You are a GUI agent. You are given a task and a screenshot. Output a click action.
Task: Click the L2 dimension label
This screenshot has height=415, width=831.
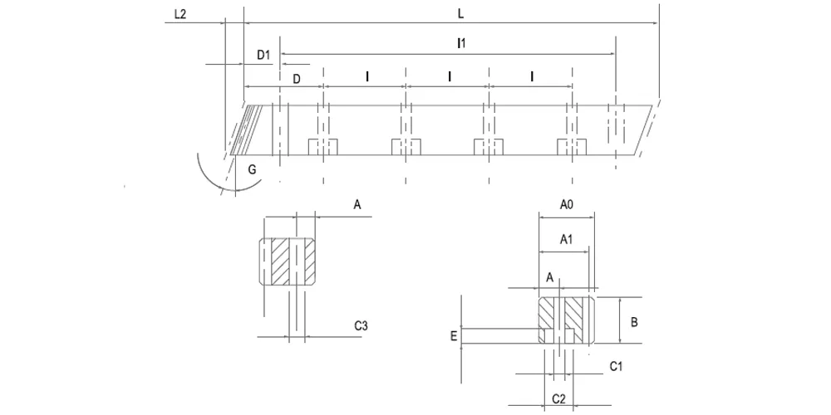point(180,14)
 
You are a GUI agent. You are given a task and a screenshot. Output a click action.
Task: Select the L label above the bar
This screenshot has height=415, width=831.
point(460,14)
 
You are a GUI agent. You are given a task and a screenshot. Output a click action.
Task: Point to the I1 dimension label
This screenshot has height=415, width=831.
point(461,45)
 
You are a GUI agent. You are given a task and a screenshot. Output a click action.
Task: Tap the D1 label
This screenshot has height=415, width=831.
point(264,55)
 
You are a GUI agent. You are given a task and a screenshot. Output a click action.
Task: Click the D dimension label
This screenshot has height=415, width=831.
point(297,79)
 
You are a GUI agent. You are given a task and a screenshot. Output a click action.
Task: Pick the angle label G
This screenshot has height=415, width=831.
point(253,170)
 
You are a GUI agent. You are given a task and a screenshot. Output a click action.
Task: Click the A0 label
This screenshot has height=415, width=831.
point(567,205)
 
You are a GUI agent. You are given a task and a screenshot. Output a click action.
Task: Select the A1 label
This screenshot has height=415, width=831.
point(567,240)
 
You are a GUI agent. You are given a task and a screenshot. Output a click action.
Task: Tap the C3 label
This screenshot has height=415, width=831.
point(361,326)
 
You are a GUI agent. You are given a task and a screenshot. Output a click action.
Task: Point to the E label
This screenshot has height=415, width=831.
point(454,335)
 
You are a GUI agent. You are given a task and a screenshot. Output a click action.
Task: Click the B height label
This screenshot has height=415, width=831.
point(634,322)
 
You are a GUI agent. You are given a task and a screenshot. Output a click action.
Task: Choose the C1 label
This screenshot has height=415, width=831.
point(617,366)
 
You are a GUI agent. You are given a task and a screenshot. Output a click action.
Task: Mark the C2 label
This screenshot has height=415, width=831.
point(559,398)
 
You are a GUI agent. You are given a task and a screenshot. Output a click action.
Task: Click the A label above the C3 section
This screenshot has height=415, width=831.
point(357,205)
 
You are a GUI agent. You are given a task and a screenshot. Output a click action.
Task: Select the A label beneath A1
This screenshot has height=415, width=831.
point(549,277)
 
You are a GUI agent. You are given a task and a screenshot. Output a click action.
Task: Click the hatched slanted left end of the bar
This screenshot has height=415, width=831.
point(247,130)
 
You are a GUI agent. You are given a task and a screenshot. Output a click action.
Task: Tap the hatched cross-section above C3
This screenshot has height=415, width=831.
point(287,262)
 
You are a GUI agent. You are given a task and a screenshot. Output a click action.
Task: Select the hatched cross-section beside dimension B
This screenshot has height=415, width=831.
point(566,320)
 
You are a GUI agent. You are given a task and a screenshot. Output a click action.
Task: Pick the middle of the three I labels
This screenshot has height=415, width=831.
point(450,77)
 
